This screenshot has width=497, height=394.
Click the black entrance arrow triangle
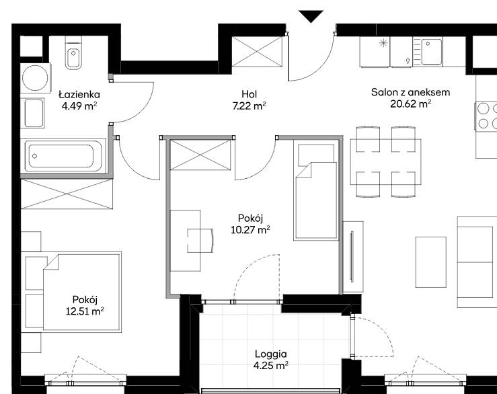pyautogui.click(x=311, y=16)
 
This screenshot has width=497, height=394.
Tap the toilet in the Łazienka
pyautogui.click(x=73, y=52)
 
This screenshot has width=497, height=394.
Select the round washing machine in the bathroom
pyautogui.click(x=36, y=78)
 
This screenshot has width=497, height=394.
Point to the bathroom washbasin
pyautogui.click(x=33, y=113)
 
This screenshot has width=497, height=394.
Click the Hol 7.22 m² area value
pyautogui.click(x=249, y=106)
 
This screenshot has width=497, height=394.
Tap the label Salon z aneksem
pyautogui.click(x=410, y=92)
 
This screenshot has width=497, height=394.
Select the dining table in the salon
pyautogui.click(x=386, y=161)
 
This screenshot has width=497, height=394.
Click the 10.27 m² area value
pyautogui.click(x=250, y=229)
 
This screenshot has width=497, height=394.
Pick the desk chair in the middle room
pyautogui.click(x=200, y=241)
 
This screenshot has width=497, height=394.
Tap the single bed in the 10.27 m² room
pyautogui.click(x=315, y=189)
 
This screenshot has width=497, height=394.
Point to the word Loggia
pyautogui.click(x=271, y=354)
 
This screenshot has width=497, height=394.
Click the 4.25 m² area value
pyautogui.click(x=271, y=366)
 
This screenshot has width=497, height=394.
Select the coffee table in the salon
pyautogui.click(x=431, y=262)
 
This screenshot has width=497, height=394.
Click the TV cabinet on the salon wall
pyautogui.click(x=353, y=256)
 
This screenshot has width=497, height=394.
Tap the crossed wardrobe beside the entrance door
pyautogui.click(x=257, y=52)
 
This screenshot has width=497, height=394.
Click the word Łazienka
pyautogui.click(x=79, y=94)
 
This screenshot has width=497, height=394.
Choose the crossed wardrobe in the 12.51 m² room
pyautogui.click(x=67, y=194)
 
